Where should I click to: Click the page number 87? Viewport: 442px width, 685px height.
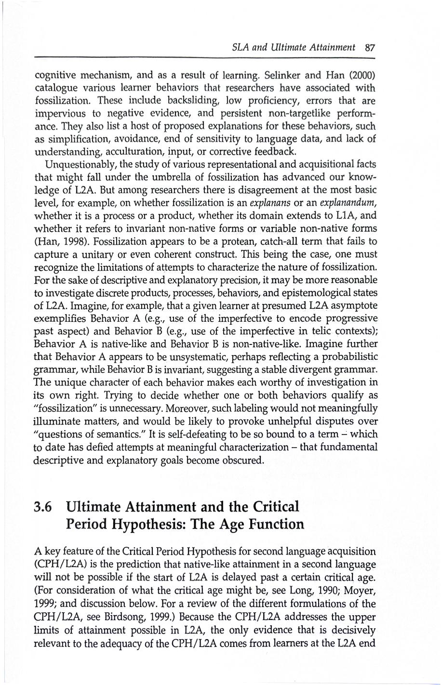pos(370,47)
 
